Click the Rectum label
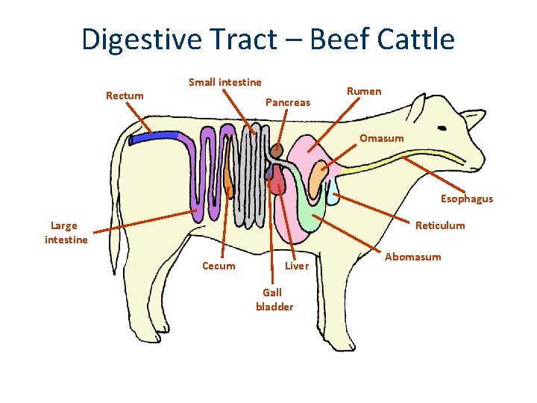[125, 96]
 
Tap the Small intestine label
[224, 82]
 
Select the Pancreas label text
[288, 102]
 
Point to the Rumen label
[364, 91]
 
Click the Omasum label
[381, 138]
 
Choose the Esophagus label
[466, 199]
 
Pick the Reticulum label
[440, 225]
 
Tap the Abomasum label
[412, 257]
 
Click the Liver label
[297, 266]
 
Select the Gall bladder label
[274, 300]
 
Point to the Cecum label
[219, 266]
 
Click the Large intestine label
[66, 232]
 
